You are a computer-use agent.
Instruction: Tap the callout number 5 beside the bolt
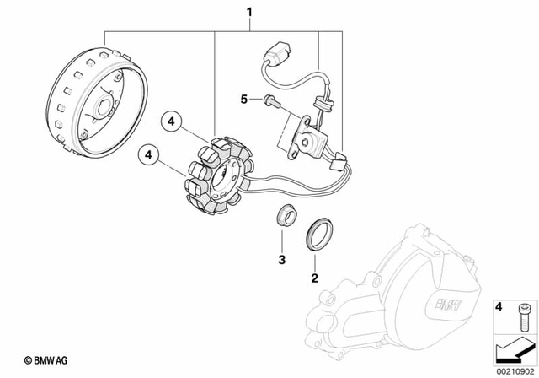246,99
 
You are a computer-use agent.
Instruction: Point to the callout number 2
314,277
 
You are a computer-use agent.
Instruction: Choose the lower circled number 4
149,155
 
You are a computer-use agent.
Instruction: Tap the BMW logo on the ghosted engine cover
445,309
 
